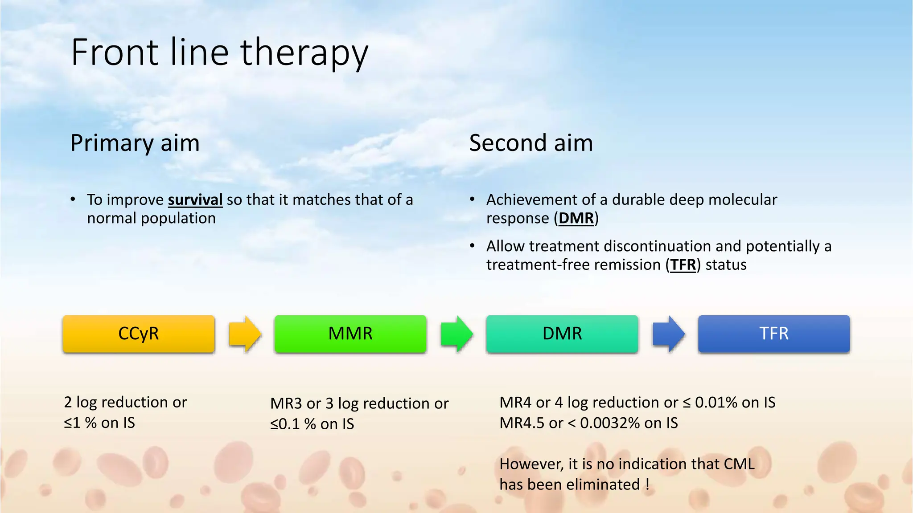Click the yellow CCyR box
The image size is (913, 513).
pos(139,334)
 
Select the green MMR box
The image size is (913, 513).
pos(350,334)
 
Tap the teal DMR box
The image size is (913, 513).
pos(562,334)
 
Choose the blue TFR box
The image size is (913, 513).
pos(774,334)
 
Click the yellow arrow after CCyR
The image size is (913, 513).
pos(244,334)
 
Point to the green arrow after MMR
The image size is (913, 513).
pos(456,334)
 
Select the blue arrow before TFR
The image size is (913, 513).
pos(668,334)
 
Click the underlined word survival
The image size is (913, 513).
pos(195,200)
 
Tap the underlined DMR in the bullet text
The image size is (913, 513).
pos(576,219)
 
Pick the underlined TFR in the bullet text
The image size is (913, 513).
pos(683,265)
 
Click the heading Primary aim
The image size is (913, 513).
pos(135,143)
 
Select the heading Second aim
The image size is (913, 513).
pos(531,143)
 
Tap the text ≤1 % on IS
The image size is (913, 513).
pos(99,423)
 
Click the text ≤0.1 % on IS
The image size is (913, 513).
pos(312,424)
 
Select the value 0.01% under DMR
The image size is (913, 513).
pos(716,403)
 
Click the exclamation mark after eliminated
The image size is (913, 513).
pos(647,484)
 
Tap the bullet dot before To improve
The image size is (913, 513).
pos(73,199)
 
